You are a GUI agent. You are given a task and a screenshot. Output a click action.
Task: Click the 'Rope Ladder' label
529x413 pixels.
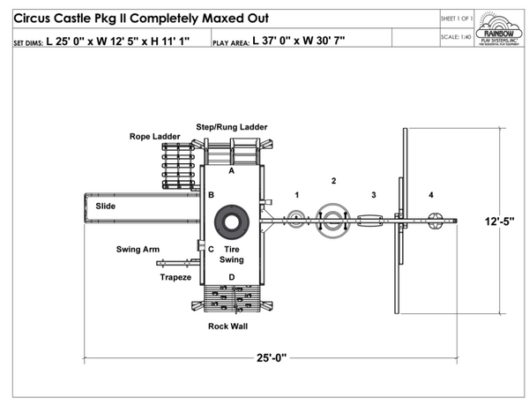(154, 137)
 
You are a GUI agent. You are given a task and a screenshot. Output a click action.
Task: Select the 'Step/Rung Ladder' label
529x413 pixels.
(231, 127)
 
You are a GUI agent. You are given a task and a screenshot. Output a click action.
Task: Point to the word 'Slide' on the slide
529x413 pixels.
(105, 206)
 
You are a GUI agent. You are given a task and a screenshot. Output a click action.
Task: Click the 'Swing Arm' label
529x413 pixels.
(138, 250)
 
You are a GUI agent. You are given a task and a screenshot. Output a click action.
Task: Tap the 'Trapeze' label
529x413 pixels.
(175, 277)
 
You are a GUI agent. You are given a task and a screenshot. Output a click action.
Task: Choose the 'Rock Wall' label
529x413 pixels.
(227, 327)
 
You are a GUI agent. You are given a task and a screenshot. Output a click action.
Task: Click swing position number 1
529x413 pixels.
(297, 194)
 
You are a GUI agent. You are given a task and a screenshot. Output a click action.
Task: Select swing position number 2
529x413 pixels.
(333, 181)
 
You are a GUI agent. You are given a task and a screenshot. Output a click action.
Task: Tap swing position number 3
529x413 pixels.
(373, 194)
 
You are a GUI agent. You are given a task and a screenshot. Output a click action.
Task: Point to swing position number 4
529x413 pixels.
(430, 194)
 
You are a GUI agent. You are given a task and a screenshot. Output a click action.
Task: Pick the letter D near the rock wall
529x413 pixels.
(232, 278)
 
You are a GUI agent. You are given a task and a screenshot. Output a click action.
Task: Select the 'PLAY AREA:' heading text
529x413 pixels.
(231, 41)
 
